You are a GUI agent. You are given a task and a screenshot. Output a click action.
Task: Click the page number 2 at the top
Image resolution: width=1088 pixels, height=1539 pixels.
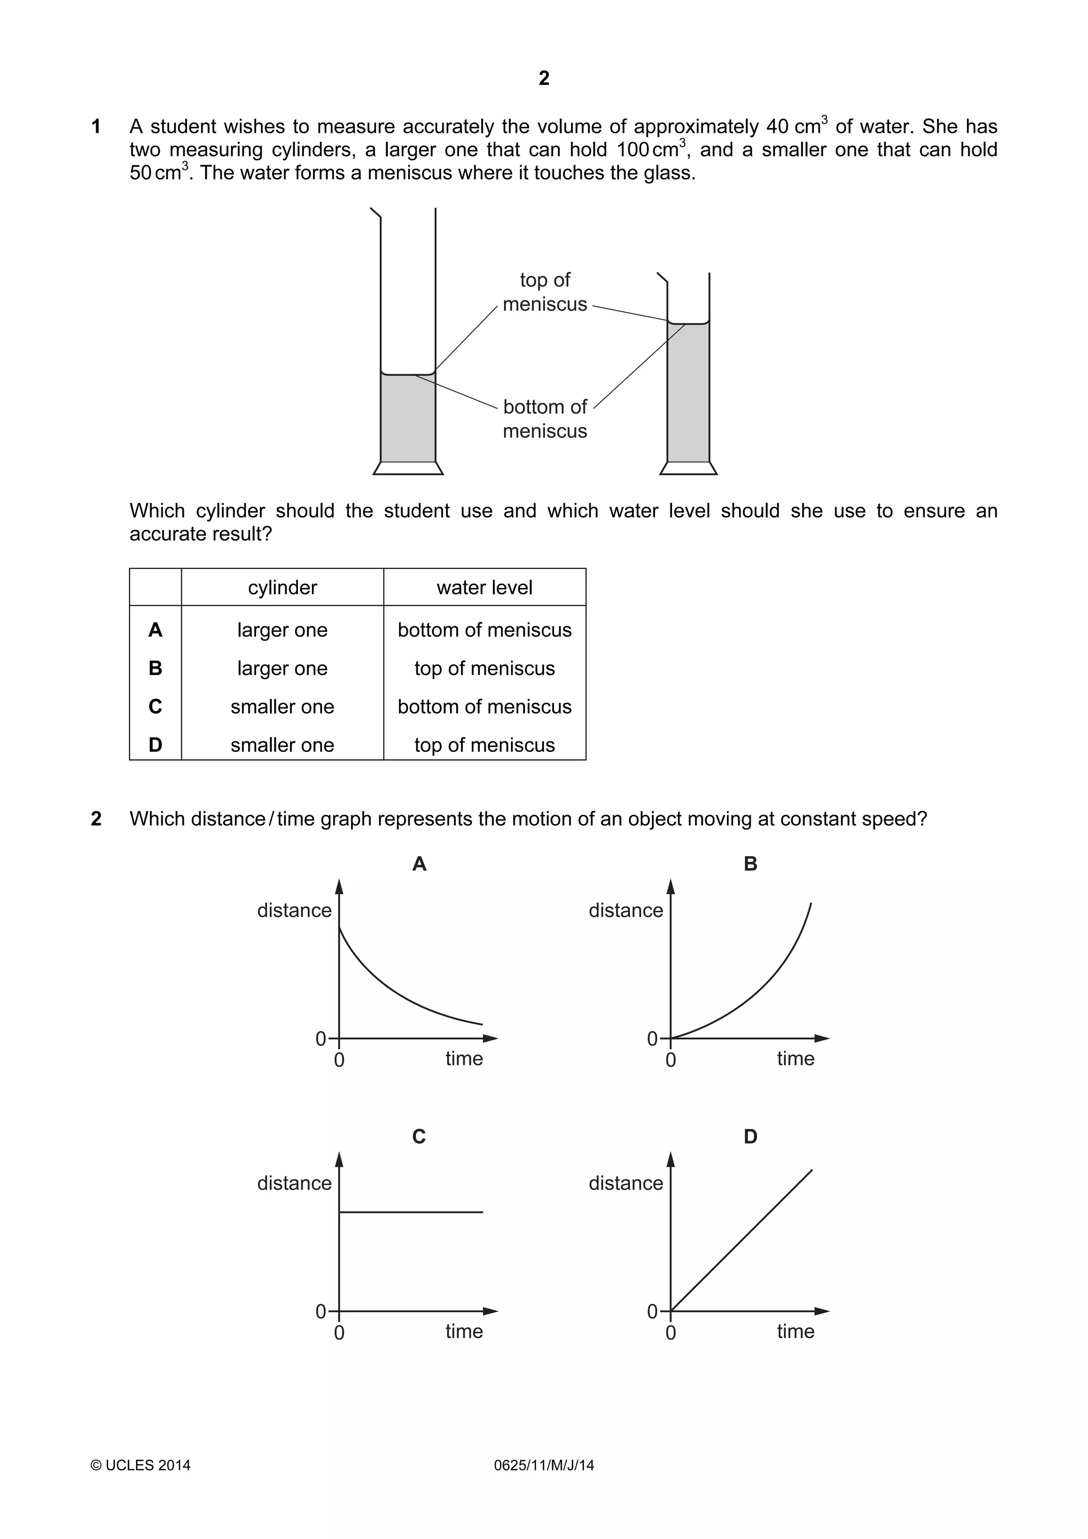[x=543, y=79]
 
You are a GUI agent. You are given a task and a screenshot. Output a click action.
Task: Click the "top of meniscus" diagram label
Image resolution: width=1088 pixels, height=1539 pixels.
[x=545, y=292]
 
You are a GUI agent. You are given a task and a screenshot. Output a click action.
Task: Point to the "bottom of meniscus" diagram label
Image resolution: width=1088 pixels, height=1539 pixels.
[x=545, y=418]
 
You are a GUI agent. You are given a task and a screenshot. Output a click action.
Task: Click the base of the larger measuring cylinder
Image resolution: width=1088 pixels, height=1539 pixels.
[x=407, y=468]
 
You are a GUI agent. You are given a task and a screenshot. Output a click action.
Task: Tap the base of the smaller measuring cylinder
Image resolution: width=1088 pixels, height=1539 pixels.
[x=688, y=468]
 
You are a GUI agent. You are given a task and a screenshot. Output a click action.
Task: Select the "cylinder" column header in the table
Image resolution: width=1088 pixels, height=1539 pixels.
[x=282, y=587]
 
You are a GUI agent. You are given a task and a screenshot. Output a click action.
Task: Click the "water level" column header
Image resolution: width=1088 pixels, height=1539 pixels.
[x=484, y=587]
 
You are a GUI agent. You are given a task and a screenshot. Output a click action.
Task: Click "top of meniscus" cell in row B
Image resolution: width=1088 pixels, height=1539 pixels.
[x=484, y=668]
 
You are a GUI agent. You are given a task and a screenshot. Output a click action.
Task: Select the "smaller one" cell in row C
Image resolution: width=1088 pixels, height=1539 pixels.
[x=282, y=706]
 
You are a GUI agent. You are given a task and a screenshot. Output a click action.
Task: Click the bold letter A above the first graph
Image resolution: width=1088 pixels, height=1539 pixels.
[x=419, y=863]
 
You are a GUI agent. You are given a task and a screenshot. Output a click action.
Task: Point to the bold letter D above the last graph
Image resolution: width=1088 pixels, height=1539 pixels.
[x=750, y=1136]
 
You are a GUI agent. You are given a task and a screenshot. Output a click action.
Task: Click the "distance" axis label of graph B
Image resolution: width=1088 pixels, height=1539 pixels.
[x=625, y=910]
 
